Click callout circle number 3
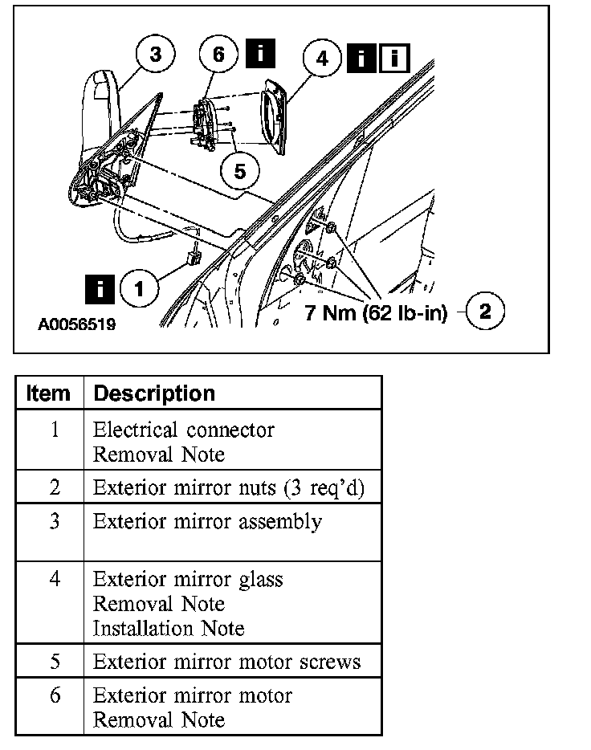(x=155, y=55)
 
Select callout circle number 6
(x=218, y=55)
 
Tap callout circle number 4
(x=322, y=59)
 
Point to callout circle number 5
(x=238, y=169)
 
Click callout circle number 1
(x=139, y=288)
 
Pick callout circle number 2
(x=484, y=312)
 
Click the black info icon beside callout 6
(x=260, y=54)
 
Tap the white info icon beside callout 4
(x=394, y=58)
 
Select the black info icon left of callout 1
(x=99, y=287)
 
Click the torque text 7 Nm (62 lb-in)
(x=375, y=312)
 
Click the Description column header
(x=154, y=393)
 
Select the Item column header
(x=48, y=393)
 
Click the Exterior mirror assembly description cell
(x=207, y=522)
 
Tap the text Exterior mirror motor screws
(x=226, y=662)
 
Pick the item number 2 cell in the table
(x=54, y=488)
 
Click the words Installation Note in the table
(x=169, y=628)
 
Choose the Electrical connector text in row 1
(x=183, y=430)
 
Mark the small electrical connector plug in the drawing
(x=193, y=258)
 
